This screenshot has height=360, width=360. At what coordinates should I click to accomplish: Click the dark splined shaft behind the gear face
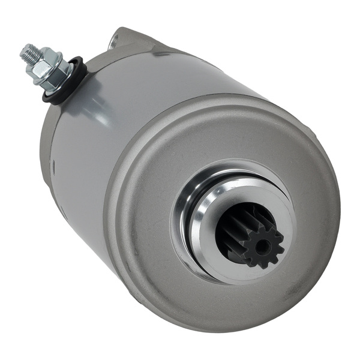coord(231,228)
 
